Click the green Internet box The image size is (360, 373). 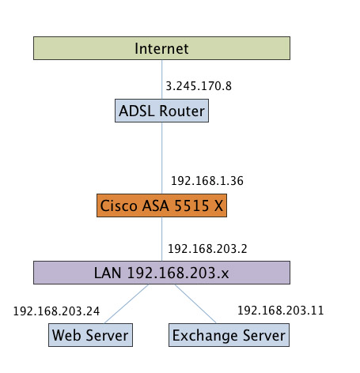[x=161, y=48]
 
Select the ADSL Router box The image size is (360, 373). [x=161, y=111]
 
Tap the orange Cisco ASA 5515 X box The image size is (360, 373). [x=161, y=205]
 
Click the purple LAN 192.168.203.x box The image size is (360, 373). [x=161, y=273]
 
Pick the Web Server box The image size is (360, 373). [x=90, y=335]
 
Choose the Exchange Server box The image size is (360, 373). [x=229, y=335]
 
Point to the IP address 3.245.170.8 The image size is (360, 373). [x=199, y=86]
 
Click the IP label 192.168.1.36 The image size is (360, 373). [x=207, y=181]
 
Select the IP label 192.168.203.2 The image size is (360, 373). [x=207, y=249]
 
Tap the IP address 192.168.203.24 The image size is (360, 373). [x=56, y=311]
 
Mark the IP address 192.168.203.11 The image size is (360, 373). [x=281, y=311]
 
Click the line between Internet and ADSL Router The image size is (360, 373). [x=161, y=80]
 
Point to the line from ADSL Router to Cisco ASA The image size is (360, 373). [x=161, y=158]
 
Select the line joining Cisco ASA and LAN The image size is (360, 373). [x=161, y=239]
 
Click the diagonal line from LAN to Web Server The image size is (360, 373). [x=127, y=303]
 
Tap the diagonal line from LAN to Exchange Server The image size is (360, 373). [x=195, y=303]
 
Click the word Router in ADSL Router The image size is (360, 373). [x=182, y=111]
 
